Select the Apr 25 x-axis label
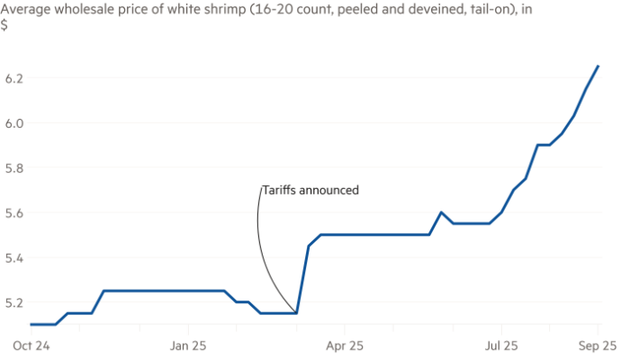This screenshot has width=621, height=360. [x=345, y=344]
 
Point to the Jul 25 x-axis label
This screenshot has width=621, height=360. [x=502, y=344]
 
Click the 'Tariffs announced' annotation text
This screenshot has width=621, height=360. [x=310, y=191]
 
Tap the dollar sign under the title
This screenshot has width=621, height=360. [x=4, y=24]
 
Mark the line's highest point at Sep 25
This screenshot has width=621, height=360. [x=598, y=65]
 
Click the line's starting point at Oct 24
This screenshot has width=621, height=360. [x=31, y=324]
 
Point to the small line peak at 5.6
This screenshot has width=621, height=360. [x=440, y=212]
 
